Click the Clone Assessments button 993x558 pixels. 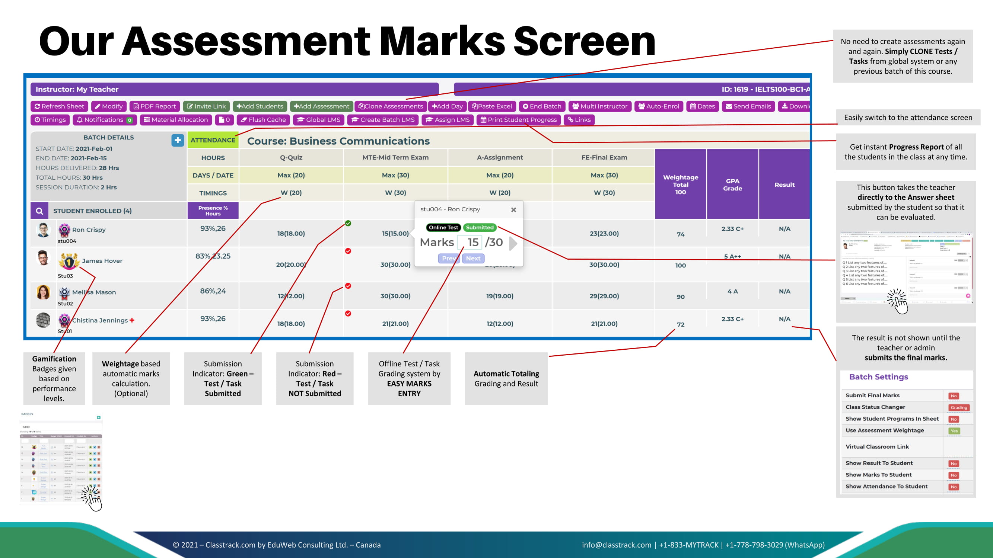click(x=390, y=106)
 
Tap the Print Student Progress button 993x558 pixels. click(x=519, y=120)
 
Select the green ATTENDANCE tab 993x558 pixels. click(x=213, y=140)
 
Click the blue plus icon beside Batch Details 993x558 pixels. click(x=177, y=140)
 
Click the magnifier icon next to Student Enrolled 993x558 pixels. click(x=39, y=211)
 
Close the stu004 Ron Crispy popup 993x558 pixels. click(x=513, y=210)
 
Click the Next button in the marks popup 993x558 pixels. click(x=473, y=259)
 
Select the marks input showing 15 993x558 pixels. click(x=471, y=242)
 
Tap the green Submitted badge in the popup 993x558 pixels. click(x=480, y=228)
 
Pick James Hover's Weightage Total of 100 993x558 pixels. click(x=680, y=265)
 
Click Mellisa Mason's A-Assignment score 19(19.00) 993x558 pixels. click(x=500, y=296)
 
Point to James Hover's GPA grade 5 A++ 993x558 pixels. click(x=732, y=256)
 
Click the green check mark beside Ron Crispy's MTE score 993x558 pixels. click(x=348, y=223)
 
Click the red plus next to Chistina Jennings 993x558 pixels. click(x=132, y=320)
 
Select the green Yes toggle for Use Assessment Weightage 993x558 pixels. click(x=954, y=431)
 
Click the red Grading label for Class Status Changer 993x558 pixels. click(x=958, y=407)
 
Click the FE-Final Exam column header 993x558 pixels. click(x=604, y=157)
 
